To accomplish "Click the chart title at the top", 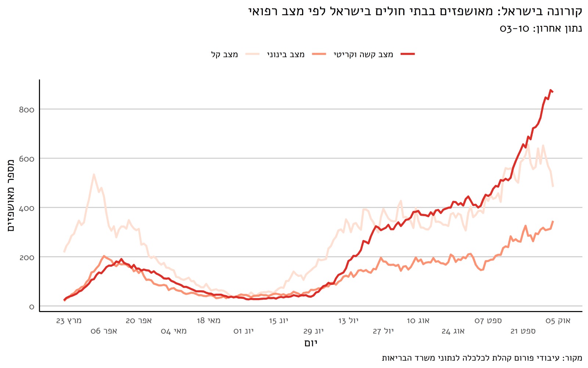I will click(415, 11).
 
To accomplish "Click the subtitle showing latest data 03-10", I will click(541, 29).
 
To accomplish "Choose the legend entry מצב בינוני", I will click(286, 54).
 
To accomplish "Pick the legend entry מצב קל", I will click(224, 54).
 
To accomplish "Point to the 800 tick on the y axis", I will click(26, 110).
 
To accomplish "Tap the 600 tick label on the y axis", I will click(26, 159).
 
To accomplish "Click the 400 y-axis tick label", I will click(26, 208).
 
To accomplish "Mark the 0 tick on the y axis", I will click(32, 307).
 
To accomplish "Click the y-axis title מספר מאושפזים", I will click(11, 195).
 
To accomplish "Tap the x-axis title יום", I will click(311, 343).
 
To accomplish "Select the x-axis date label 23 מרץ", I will click(69, 321).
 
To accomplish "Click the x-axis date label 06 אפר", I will click(104, 331).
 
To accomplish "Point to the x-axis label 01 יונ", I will click(243, 331).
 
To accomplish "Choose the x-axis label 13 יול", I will click(348, 321).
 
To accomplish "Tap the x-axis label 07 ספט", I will click(488, 321).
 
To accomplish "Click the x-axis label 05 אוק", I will click(558, 321).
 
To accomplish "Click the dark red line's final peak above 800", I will click(551, 90).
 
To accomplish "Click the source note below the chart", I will click(482, 358).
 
